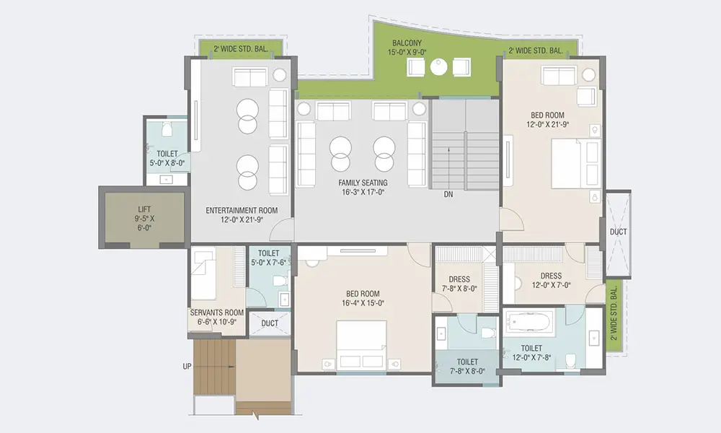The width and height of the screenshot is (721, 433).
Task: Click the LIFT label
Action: [144, 209]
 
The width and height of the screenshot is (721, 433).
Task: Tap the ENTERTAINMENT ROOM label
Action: [242, 211]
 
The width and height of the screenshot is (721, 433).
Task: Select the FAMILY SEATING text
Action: [363, 183]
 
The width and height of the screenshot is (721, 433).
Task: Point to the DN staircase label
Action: [448, 195]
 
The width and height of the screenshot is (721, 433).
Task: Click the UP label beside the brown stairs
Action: [187, 367]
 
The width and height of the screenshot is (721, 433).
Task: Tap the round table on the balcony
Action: [438, 67]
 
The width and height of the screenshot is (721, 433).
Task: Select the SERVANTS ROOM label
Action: [217, 312]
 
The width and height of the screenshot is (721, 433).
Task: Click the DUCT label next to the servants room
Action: [270, 323]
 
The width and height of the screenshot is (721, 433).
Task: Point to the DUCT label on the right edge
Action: [618, 232]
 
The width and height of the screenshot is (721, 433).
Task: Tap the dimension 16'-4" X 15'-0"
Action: [363, 303]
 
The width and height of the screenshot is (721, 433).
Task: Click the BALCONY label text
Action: [407, 43]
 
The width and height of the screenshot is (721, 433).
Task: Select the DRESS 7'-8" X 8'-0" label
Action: [459, 284]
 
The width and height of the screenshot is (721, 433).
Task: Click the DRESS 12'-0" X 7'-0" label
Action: [551, 280]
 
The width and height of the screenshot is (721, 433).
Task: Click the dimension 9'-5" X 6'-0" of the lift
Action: [144, 223]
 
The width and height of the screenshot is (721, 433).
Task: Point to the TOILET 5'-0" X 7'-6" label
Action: [268, 258]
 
